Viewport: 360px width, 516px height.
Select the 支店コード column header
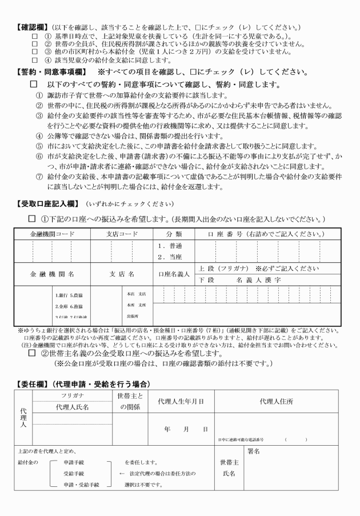pos(122,234)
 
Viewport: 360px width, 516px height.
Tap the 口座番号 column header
pos(268,234)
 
